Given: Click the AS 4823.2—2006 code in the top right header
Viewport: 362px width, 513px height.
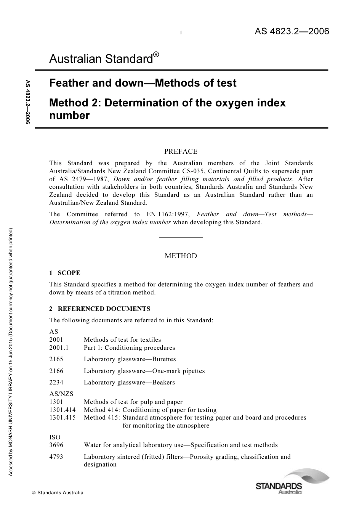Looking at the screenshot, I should coord(292,31).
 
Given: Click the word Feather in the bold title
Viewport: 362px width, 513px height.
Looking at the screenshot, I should coord(67,83).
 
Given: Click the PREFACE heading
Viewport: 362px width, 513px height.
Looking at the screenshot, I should coord(181,151).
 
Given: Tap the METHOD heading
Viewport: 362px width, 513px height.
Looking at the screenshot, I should coord(181,256).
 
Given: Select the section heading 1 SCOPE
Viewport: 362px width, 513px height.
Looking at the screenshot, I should coord(65,273).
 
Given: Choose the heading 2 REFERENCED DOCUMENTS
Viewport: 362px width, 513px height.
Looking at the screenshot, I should coord(100,309).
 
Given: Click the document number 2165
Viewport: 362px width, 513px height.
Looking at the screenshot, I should coord(56,359).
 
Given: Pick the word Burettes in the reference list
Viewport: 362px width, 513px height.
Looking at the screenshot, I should coord(164,359).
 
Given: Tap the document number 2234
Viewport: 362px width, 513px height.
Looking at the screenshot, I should coord(56,382).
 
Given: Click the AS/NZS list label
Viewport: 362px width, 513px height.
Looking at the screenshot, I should coord(61,394).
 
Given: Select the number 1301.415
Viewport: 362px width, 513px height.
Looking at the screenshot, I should coord(62,417).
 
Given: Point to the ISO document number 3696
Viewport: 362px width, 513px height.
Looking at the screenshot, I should coord(56,445).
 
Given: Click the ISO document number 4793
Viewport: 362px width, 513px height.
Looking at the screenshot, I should coord(56,457).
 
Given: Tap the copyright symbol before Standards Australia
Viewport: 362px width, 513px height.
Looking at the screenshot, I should coord(34,493).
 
